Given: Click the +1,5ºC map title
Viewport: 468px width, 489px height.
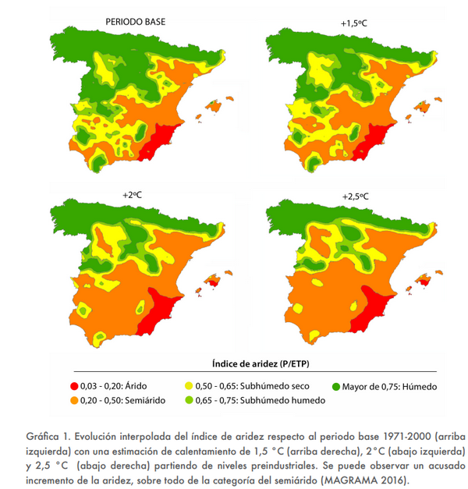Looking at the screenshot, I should coord(353,24).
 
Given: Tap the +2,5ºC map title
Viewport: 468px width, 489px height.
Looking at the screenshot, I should coord(355,196).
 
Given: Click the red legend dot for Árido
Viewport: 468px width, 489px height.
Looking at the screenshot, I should coord(74,385).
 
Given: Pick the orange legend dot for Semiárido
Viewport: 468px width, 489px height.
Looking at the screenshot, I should coord(74,400).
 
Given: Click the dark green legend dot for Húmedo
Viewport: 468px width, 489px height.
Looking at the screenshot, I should coord(338,385).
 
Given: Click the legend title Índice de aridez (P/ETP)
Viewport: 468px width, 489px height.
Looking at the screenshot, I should coord(261,363).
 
